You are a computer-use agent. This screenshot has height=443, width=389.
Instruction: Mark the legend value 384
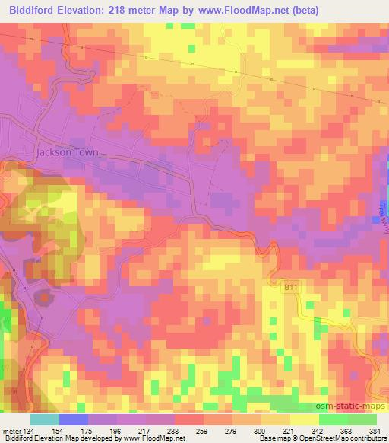point(375,431)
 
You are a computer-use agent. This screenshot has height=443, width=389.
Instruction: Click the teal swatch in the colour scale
point(45,419)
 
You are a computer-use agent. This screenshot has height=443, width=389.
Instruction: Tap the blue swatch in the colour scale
point(74,419)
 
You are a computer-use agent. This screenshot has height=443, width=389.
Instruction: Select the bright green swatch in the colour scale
point(333,419)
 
